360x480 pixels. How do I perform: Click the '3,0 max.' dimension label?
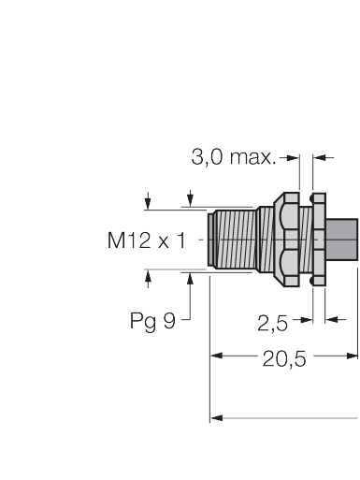tap(234, 157)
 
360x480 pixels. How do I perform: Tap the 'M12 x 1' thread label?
tap(146, 241)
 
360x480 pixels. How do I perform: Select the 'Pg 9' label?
tap(152, 321)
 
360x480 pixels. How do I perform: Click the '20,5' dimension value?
tap(283, 356)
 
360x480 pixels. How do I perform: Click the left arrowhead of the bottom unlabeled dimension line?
tap(216, 417)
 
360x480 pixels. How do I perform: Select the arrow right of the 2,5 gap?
tap(330, 321)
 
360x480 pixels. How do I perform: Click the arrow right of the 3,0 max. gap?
tap(321, 157)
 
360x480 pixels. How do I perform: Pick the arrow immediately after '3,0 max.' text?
tap(292, 157)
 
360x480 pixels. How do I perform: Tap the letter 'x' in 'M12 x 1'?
tap(164, 242)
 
